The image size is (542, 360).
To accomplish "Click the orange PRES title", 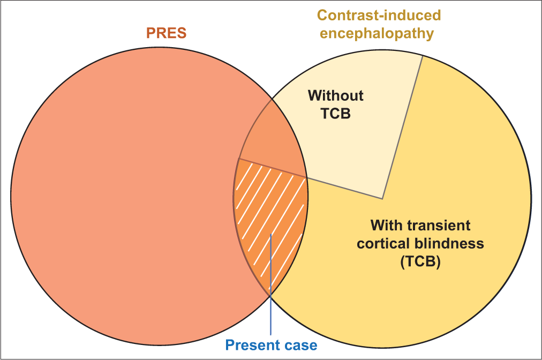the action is tap(166, 33).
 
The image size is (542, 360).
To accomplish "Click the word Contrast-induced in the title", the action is tap(379, 15).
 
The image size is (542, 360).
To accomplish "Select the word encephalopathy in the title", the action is tap(377, 34).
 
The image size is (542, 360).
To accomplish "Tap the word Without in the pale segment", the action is tap(336, 96).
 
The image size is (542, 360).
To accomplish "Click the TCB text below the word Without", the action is tap(336, 114).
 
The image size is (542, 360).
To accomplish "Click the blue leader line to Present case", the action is tap(270, 284).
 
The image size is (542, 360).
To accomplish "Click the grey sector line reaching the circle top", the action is tap(402, 127).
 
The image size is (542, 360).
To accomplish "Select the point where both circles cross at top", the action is tap(272, 99).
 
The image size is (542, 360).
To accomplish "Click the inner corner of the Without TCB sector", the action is tap(382, 199).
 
